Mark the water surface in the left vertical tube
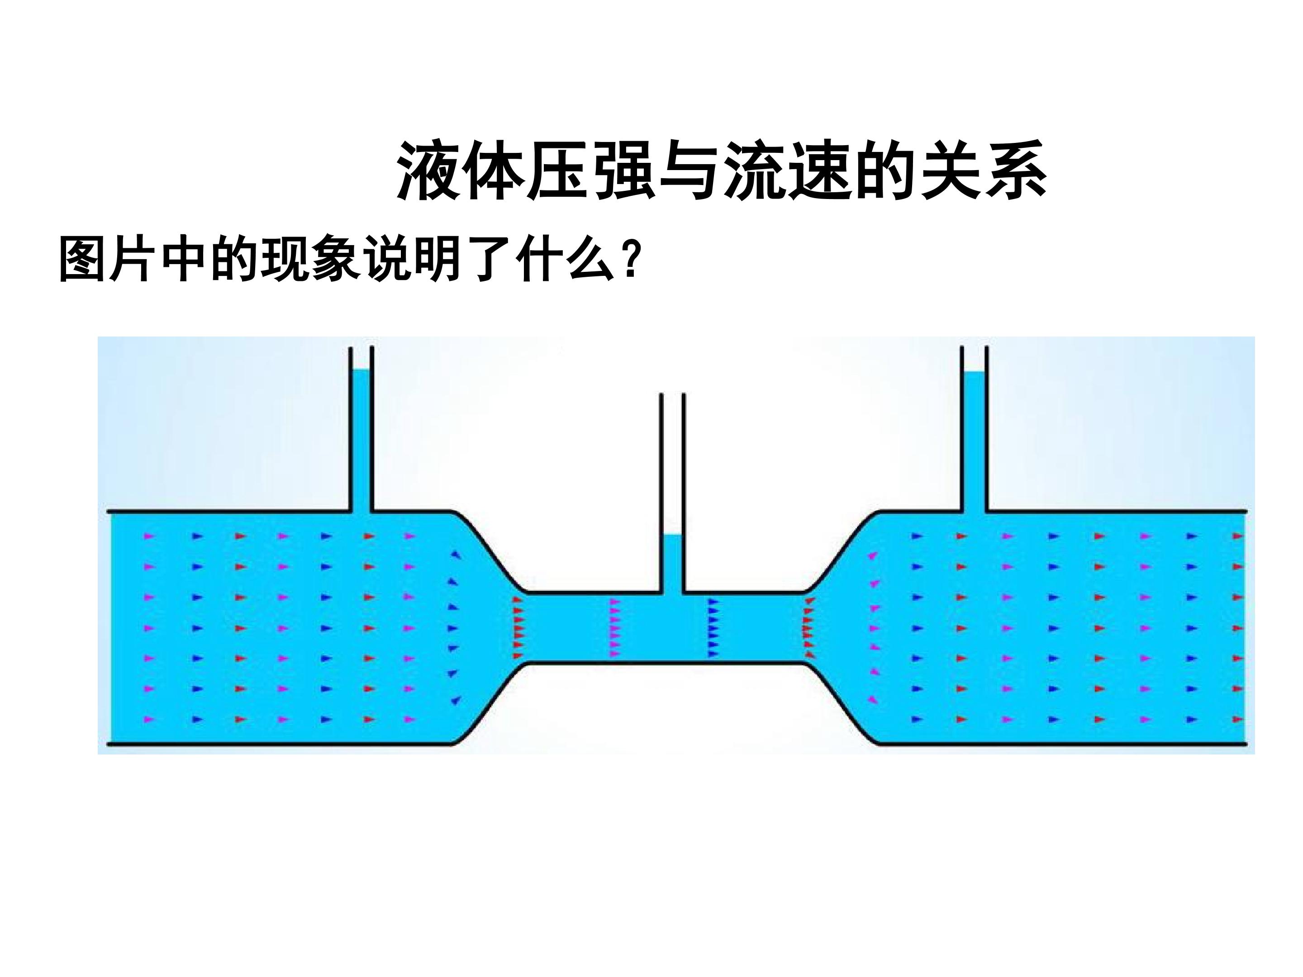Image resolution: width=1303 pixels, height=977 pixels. click(x=361, y=370)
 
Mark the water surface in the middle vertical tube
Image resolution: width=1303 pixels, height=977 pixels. click(x=673, y=536)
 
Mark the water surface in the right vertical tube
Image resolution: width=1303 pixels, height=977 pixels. click(x=974, y=372)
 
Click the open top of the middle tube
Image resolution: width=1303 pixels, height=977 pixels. click(x=673, y=394)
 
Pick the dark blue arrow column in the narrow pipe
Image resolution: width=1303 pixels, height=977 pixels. click(x=713, y=627)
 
